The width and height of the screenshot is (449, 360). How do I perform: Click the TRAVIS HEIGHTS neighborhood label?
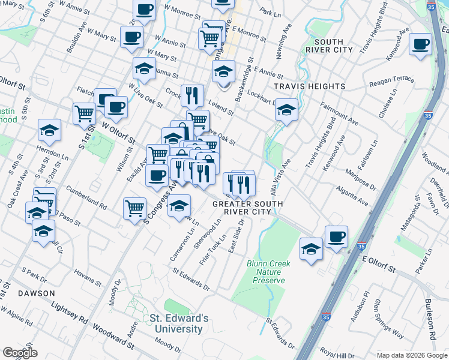(310, 86)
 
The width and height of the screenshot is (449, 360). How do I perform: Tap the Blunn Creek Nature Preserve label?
(268, 272)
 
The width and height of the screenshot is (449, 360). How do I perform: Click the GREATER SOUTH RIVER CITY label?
(247, 208)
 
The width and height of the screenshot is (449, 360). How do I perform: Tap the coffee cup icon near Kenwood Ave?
(420, 44)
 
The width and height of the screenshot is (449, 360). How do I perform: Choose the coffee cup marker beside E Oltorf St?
(336, 236)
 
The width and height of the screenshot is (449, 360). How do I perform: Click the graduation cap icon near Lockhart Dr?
(286, 110)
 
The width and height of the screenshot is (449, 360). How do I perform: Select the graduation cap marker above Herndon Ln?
(49, 130)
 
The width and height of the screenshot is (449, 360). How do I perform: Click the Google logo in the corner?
(20, 352)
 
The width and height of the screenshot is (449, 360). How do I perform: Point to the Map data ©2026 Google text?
(411, 355)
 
